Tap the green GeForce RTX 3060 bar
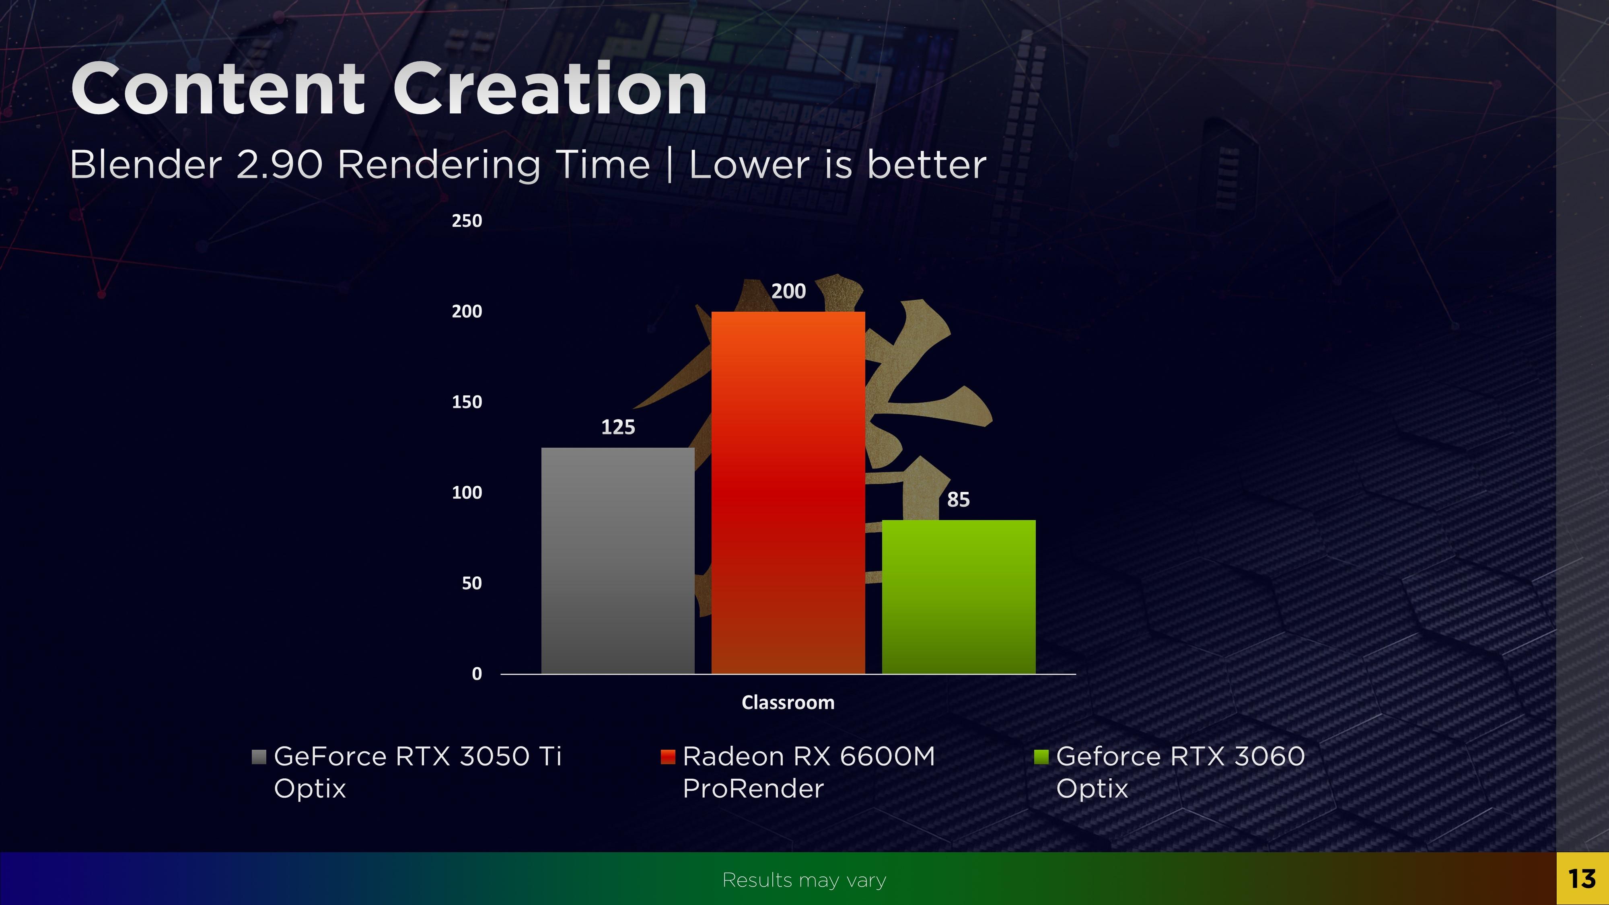tap(958, 596)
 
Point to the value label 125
tap(618, 427)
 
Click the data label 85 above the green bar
tap(958, 500)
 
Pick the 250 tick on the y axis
tap(467, 220)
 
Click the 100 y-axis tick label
tap(467, 493)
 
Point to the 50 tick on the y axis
tap(471, 583)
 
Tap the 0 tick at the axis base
tap(477, 674)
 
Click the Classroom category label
tap(788, 703)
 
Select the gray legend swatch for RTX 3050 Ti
tap(259, 757)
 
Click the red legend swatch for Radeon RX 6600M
tap(668, 757)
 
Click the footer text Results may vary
tap(804, 880)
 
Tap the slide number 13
tap(1582, 879)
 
